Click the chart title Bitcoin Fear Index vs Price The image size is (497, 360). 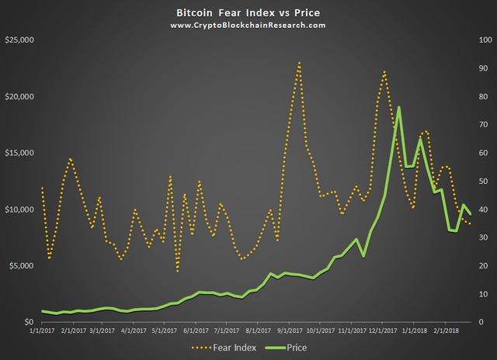248,13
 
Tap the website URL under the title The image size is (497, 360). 248,26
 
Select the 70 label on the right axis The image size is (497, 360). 485,124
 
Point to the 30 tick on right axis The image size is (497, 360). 485,237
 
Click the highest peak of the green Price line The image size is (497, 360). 398,108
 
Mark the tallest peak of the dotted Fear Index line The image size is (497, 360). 299,63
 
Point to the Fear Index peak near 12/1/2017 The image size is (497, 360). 384,71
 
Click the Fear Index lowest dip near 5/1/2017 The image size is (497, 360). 177,271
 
